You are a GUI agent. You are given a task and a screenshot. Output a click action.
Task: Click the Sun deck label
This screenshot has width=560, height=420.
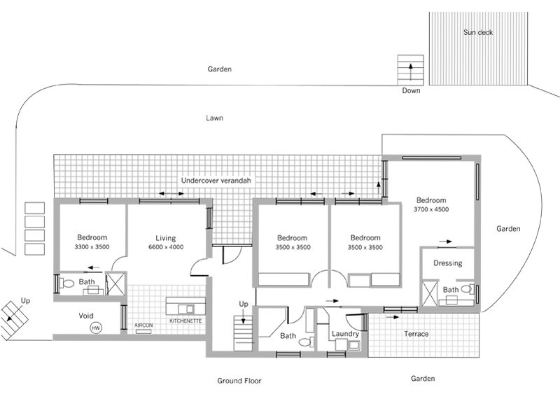point(477,32)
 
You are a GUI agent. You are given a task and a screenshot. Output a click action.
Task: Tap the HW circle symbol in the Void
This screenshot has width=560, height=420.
point(96,327)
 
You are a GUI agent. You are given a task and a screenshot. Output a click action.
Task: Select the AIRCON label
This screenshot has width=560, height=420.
point(143,325)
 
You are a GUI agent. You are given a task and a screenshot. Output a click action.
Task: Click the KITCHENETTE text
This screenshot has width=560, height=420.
point(185,321)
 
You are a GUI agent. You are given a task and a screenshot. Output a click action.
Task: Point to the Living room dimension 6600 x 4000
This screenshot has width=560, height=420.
point(166,248)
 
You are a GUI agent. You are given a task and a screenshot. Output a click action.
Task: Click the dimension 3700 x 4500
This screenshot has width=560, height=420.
point(431,209)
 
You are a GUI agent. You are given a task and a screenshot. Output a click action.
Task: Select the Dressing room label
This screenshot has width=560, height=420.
point(447,264)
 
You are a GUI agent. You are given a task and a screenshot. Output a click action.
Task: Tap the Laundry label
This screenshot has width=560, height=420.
point(346,335)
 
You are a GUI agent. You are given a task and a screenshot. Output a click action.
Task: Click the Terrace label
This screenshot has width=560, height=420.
point(416,334)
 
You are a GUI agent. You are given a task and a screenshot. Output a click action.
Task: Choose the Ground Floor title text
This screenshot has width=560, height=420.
point(239,381)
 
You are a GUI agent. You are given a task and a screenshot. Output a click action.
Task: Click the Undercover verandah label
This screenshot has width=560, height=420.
point(216,180)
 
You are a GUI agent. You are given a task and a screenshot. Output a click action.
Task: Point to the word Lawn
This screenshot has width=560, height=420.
point(214,118)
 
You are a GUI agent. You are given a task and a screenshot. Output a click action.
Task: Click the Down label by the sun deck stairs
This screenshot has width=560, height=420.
point(411,91)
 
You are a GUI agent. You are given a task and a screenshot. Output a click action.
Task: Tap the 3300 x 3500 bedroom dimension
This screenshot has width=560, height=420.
point(92,248)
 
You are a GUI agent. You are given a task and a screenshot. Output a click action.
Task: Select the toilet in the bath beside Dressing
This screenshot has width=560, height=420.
point(467,288)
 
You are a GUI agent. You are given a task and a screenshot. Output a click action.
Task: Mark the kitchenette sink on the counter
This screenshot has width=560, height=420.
point(186,309)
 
